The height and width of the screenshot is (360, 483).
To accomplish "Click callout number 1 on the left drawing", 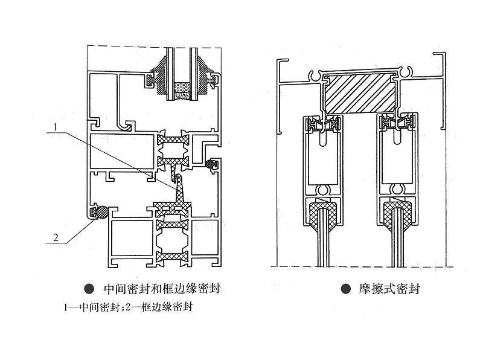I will point(54,127).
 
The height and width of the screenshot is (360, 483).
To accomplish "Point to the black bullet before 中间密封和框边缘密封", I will point(89,289).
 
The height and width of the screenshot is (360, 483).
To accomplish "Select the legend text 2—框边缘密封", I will point(159,307).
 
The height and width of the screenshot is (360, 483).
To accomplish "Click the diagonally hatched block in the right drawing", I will point(360,94).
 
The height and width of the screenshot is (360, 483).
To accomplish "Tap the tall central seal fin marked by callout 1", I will point(179,188).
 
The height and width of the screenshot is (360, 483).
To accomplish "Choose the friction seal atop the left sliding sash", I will point(323,124).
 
